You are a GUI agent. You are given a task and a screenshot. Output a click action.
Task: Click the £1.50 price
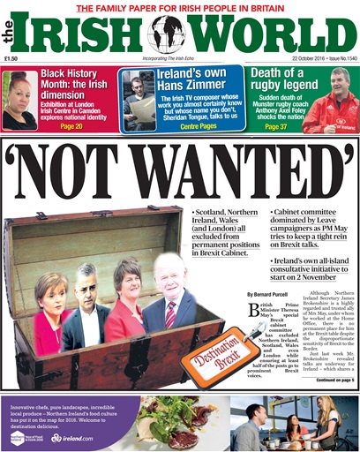tap(12, 59)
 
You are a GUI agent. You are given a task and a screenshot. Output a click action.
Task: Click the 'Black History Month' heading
tap(79, 82)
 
